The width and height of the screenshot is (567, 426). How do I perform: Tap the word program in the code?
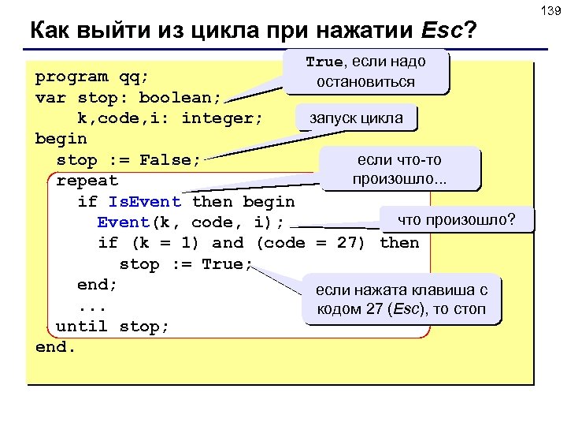pos(72,77)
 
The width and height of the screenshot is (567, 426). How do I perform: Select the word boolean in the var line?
pos(180,98)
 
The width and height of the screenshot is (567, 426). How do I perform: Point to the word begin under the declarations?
pos(61,139)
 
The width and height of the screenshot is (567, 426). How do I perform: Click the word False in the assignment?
pos(170,160)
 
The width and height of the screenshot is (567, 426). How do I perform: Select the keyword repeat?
pos(87,181)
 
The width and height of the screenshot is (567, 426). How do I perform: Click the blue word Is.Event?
pos(145,202)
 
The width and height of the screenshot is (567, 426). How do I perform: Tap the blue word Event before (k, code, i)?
pos(124,222)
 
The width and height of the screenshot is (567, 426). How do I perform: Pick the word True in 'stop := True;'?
pos(222,264)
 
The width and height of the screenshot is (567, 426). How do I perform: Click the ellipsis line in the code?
pos(92,305)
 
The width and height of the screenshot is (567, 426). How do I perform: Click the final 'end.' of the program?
pos(56,346)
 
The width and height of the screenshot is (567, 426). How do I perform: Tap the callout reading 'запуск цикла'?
pos(356,118)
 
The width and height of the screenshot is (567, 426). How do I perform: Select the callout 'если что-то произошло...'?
pos(399,170)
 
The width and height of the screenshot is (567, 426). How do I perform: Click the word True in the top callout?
pos(324,62)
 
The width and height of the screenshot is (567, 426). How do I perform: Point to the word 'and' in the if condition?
pos(228,243)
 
